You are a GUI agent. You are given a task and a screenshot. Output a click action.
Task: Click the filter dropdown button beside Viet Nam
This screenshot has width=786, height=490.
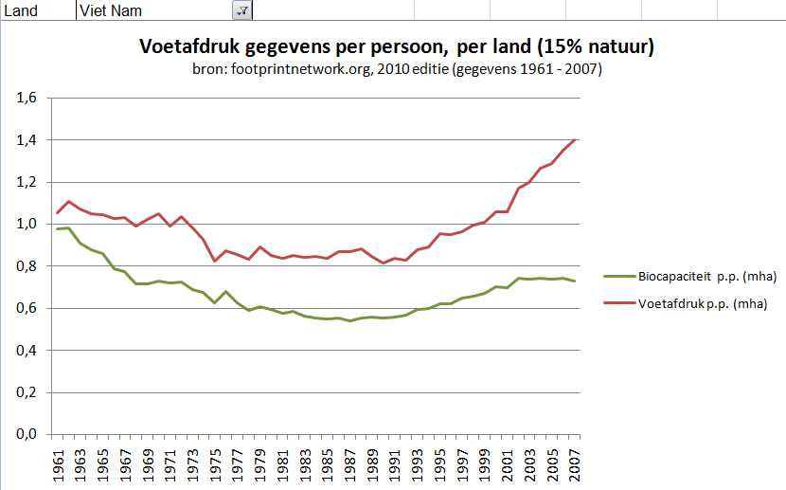[241, 9]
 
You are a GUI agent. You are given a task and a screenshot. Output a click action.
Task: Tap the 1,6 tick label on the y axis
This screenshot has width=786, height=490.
[26, 98]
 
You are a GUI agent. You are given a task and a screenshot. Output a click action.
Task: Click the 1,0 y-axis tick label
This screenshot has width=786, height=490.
[26, 225]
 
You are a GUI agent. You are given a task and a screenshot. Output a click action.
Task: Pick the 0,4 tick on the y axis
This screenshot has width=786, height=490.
[26, 351]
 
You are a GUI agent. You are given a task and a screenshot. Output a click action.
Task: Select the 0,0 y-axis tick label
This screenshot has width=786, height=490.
[26, 434]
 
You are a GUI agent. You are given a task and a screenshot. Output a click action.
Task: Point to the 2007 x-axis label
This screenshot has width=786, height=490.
[575, 463]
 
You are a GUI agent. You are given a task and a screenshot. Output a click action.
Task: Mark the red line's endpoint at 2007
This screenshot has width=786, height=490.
[575, 139]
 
